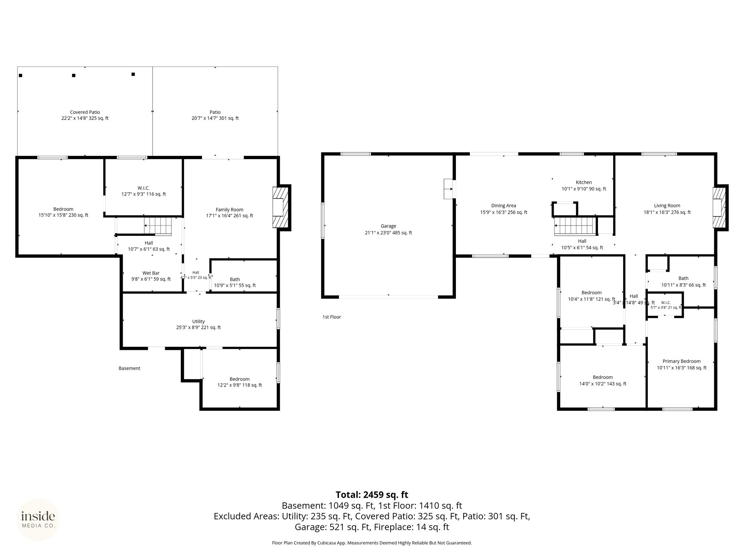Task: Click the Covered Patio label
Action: click(x=85, y=112)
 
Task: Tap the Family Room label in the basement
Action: click(x=229, y=210)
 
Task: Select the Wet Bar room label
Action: click(x=151, y=273)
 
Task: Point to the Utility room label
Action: click(x=198, y=322)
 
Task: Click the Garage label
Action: click(x=388, y=226)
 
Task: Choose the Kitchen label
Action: click(x=583, y=182)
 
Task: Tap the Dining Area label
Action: click(x=504, y=206)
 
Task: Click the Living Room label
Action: click(x=667, y=206)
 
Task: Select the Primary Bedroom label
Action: click(x=682, y=361)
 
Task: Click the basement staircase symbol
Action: click(x=158, y=226)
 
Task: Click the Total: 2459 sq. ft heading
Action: click(x=372, y=495)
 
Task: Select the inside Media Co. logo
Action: click(x=38, y=520)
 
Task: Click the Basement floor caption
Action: click(x=129, y=368)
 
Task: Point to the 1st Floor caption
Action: click(x=332, y=317)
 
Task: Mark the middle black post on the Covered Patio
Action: click(x=74, y=76)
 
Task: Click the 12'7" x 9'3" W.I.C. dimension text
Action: click(x=143, y=194)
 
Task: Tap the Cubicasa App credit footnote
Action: click(x=372, y=543)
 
